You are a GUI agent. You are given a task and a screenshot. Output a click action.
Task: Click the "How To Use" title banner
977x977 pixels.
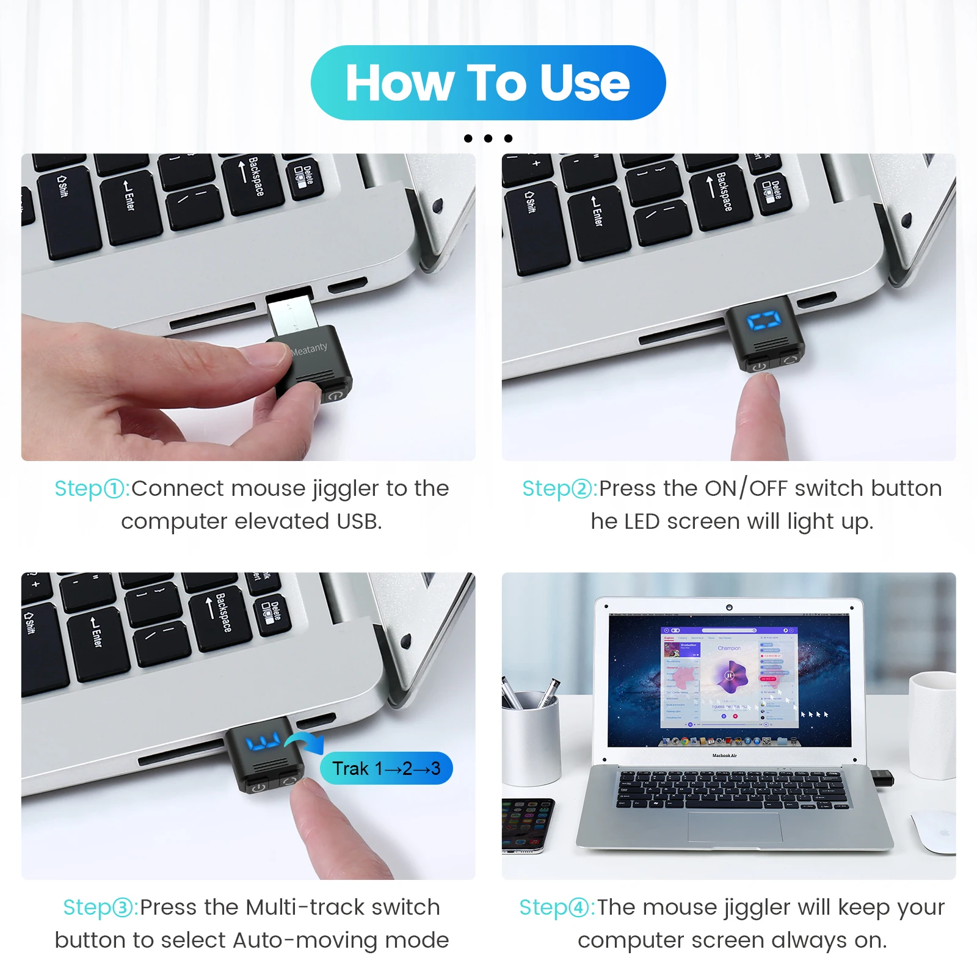(488, 82)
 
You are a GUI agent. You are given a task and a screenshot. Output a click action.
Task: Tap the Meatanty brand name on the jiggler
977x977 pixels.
(309, 349)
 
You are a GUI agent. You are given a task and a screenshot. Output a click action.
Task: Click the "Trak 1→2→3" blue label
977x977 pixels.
(386, 768)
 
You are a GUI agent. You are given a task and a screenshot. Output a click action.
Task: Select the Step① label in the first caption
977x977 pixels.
(92, 488)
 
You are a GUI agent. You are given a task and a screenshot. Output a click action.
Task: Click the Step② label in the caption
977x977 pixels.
(559, 488)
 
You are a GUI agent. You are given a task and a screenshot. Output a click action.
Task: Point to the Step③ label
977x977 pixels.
(100, 907)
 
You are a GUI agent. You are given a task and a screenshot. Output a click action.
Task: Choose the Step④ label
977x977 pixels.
(556, 907)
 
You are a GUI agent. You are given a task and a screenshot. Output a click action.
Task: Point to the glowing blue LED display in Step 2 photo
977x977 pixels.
(763, 321)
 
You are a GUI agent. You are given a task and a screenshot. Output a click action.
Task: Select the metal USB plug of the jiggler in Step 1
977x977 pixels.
(292, 313)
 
